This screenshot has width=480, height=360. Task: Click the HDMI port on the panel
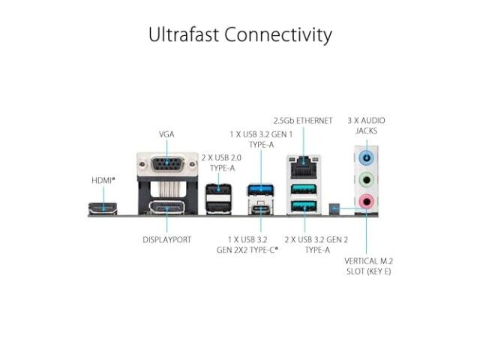tap(103, 208)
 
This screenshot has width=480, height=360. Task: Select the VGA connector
tap(167, 164)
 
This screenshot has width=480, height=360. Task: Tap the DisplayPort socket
tap(166, 208)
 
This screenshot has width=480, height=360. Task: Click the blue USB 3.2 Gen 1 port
tap(260, 190)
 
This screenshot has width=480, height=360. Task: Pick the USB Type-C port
tap(260, 209)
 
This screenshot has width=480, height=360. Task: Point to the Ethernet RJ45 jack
tap(304, 167)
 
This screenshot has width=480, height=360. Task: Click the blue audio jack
tap(367, 158)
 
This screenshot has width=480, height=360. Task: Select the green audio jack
tap(367, 180)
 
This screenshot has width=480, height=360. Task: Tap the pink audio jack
tap(367, 202)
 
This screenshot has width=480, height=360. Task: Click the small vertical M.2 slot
tap(334, 208)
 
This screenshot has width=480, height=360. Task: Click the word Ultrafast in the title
tap(184, 34)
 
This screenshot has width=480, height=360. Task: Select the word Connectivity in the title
tap(278, 35)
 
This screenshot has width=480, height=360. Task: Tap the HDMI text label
tap(103, 181)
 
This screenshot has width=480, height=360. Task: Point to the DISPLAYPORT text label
tap(166, 240)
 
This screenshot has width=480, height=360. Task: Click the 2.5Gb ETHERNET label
tap(303, 121)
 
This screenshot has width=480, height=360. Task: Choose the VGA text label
tap(166, 134)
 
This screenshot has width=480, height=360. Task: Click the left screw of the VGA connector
tap(142, 164)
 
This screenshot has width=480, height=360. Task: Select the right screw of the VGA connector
tap(192, 164)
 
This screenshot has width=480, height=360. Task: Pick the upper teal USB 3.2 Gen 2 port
tap(304, 188)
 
